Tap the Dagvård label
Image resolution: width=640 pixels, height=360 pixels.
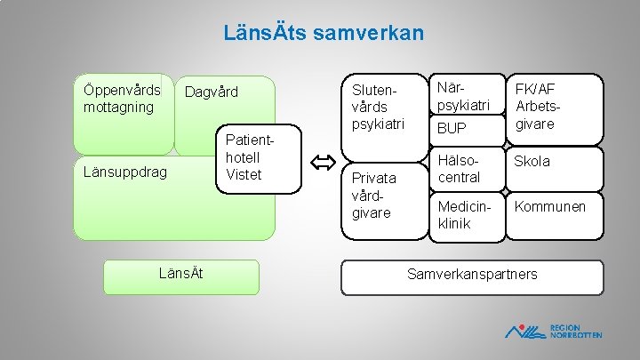click(x=212, y=92)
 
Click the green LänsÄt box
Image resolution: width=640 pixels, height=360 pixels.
click(x=180, y=276)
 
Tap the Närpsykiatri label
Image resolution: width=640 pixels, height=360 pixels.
click(x=463, y=97)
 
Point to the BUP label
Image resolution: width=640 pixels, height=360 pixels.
click(x=451, y=130)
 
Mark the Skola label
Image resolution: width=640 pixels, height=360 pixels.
click(x=532, y=161)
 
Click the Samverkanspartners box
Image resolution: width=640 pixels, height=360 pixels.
click(x=472, y=275)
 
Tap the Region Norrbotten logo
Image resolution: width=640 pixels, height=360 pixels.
click(x=553, y=330)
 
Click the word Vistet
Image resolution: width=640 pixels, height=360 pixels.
click(x=244, y=174)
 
